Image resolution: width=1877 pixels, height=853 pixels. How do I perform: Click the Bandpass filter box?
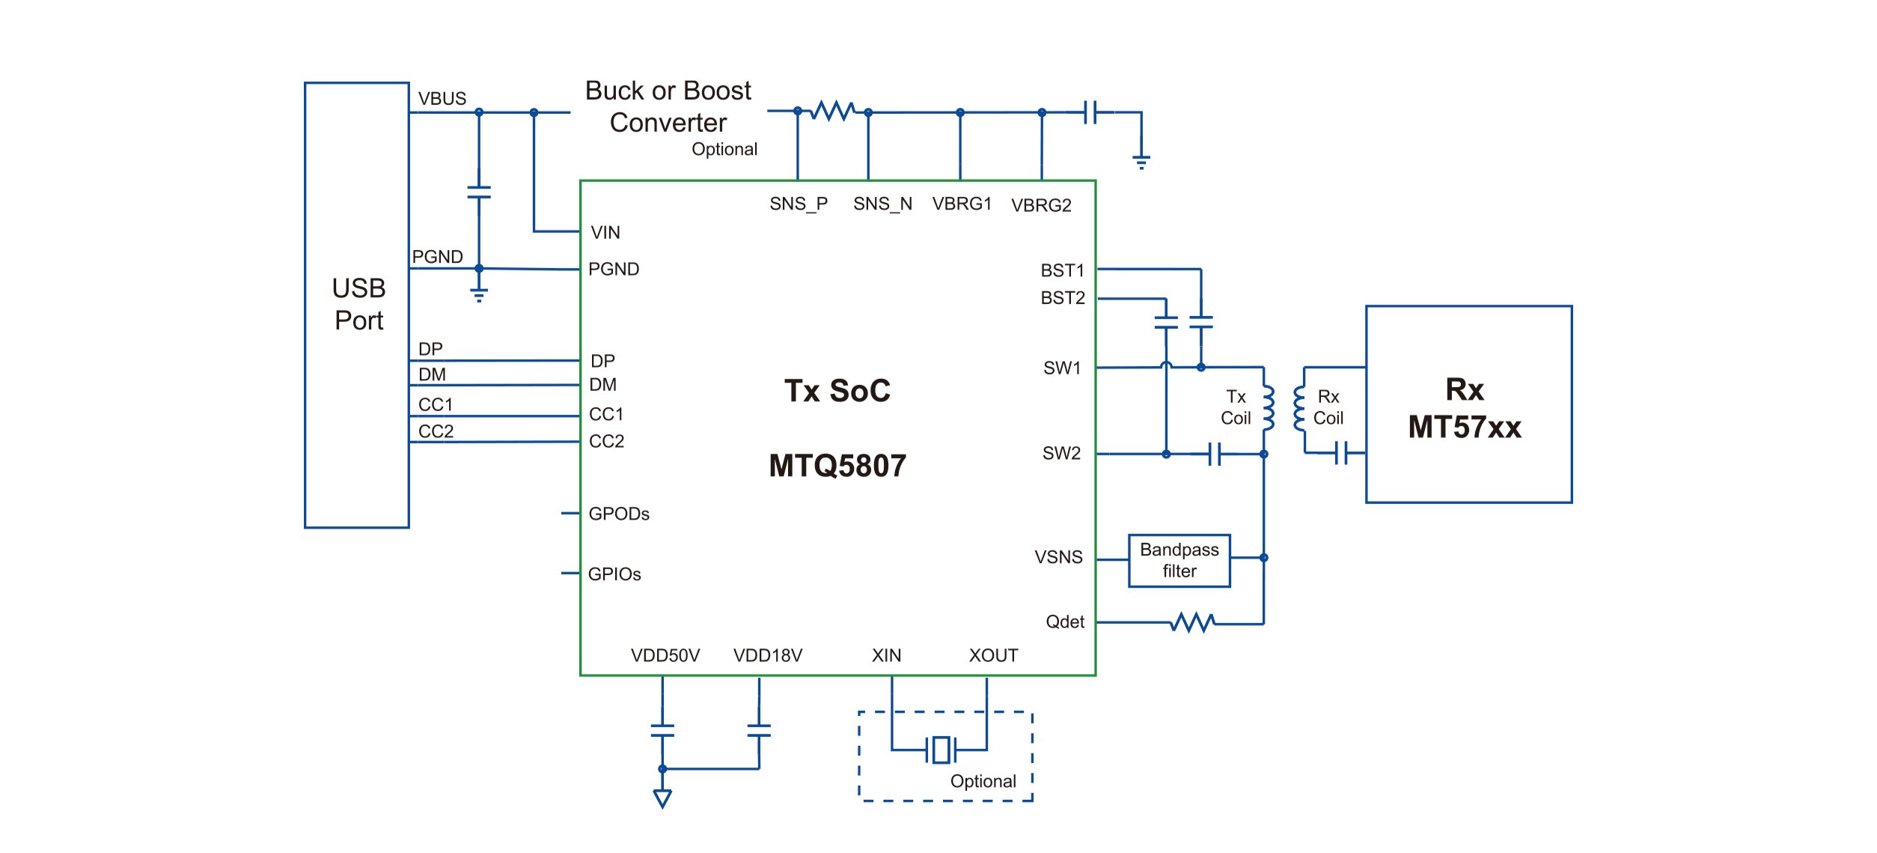1179,561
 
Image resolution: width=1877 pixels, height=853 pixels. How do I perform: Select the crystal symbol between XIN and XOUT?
941,750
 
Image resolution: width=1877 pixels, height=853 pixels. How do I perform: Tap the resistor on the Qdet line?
1192,622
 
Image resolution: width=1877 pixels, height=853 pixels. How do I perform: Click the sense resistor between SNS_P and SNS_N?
833,112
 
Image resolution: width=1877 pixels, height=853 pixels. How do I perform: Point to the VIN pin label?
605,233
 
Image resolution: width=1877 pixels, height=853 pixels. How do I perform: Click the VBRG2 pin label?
1041,205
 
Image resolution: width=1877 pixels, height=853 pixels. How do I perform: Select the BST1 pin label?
1062,270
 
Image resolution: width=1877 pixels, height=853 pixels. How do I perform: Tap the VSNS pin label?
1058,557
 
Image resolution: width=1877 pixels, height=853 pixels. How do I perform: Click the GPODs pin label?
619,514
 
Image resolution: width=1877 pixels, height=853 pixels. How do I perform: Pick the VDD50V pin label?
665,656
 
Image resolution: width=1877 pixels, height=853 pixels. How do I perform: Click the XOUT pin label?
993,656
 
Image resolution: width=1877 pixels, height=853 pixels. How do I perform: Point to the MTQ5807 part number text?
837,466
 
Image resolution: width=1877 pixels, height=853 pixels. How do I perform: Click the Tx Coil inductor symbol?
1268,408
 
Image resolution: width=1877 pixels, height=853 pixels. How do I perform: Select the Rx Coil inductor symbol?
1299,409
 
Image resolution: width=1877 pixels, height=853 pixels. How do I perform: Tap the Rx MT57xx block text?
1465,409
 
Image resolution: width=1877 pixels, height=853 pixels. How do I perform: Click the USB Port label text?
358,304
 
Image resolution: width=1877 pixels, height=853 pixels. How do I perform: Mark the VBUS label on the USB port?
442,99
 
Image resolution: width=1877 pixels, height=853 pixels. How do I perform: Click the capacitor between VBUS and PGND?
479,192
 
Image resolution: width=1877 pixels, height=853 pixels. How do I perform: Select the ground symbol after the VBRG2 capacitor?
1141,161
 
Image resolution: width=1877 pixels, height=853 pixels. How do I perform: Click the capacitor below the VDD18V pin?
759,730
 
